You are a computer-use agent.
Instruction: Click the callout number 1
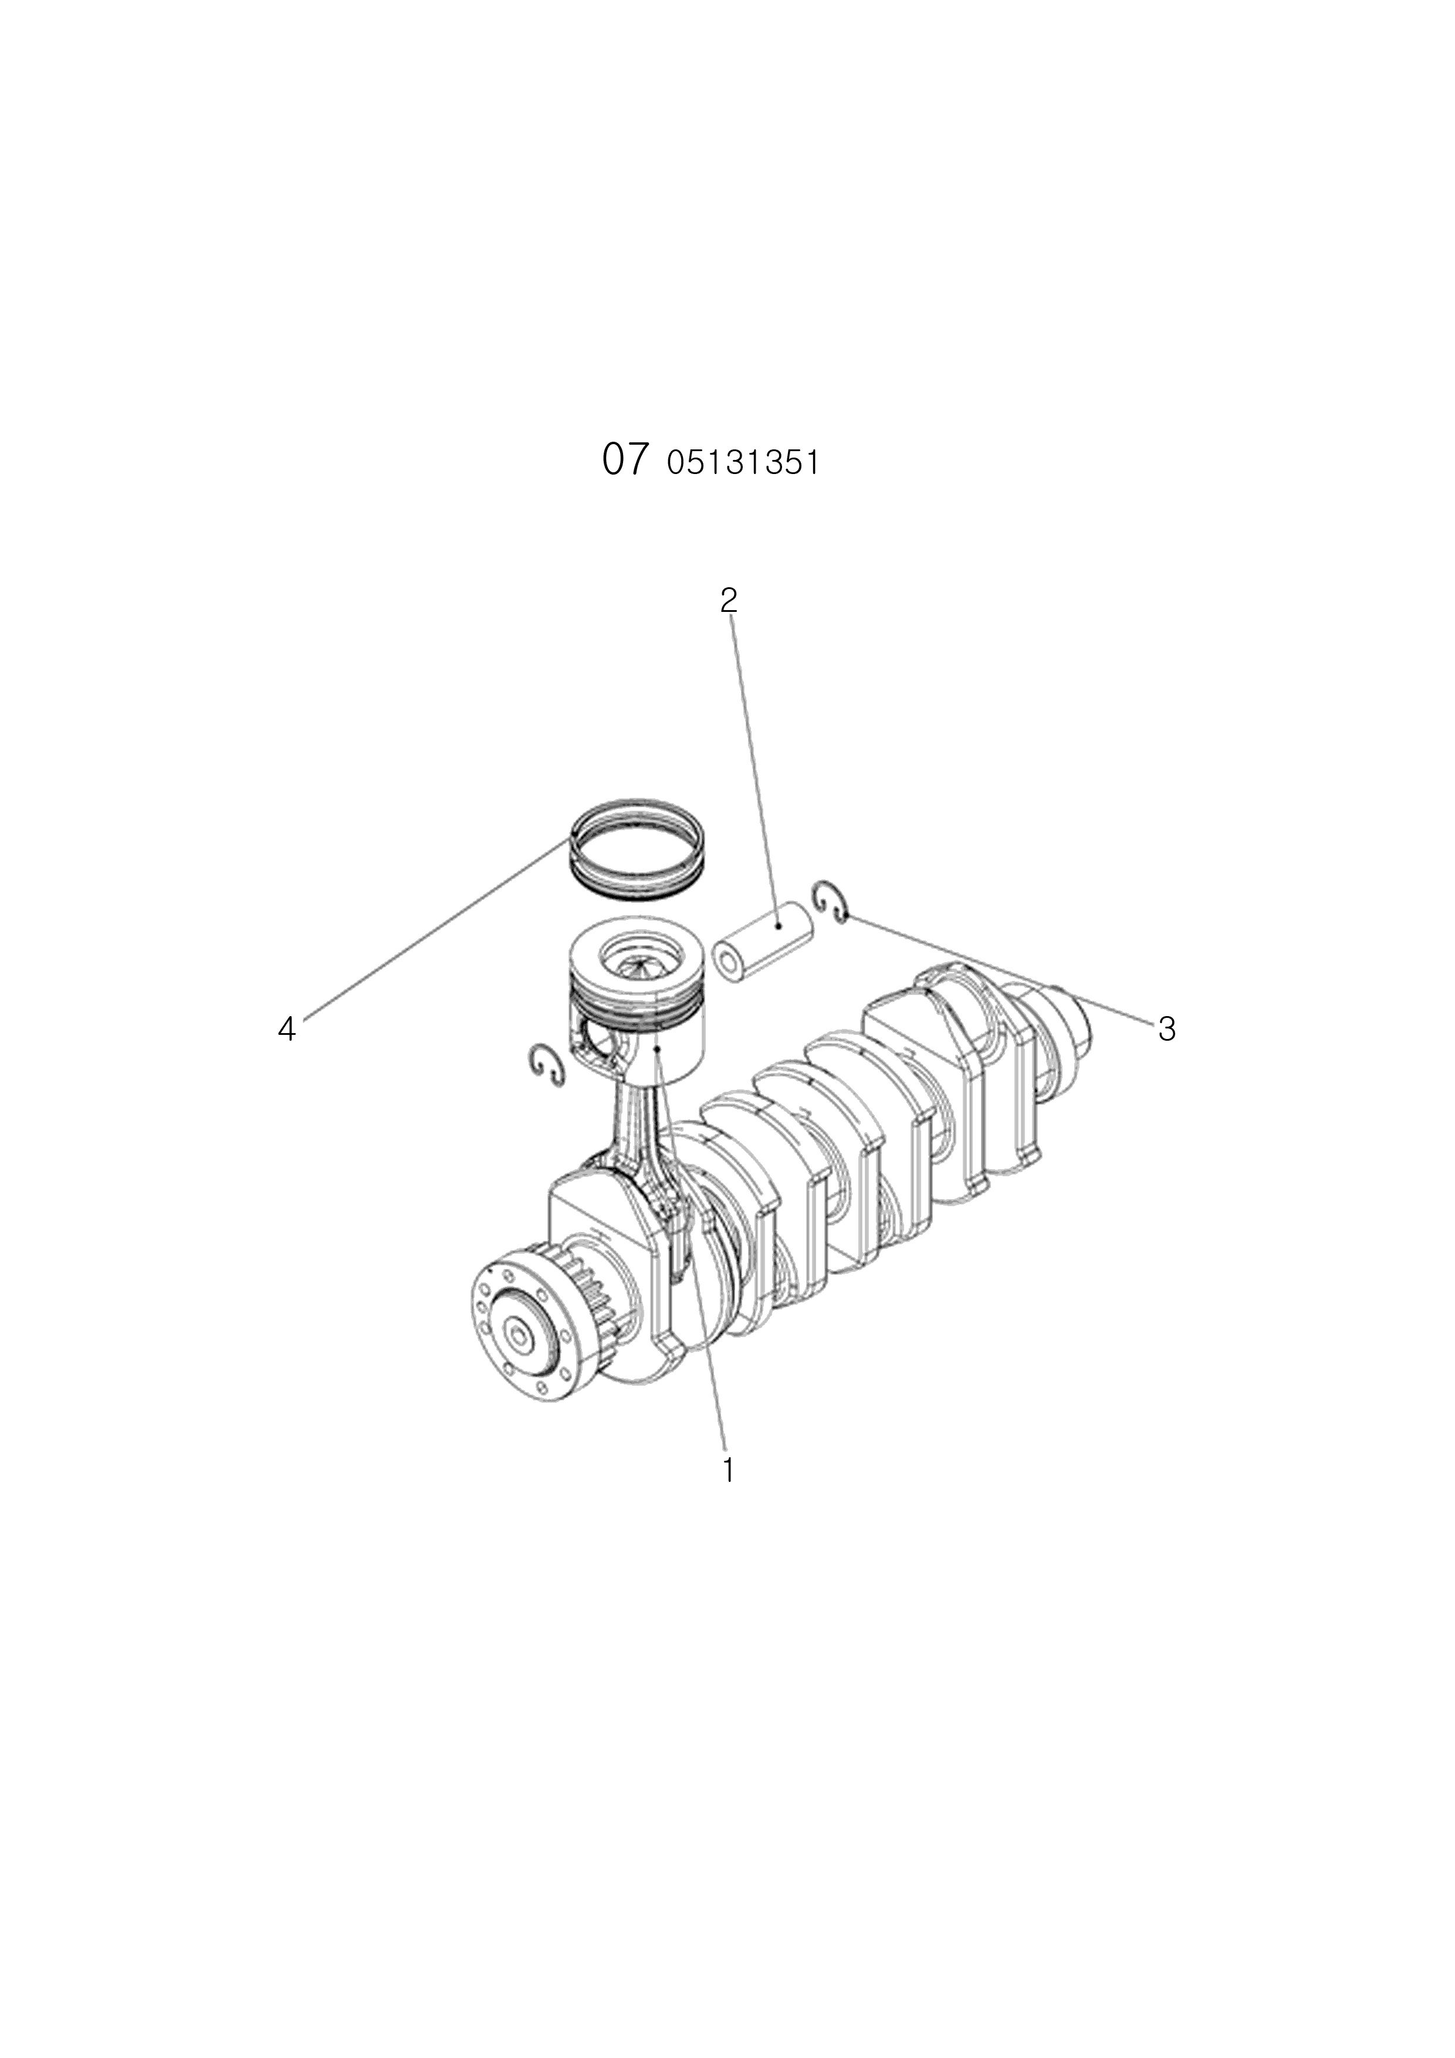pos(728,1470)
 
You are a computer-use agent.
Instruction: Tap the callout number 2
pos(729,600)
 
